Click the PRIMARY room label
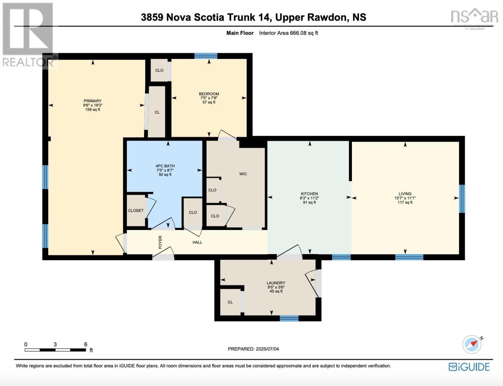pos(93,101)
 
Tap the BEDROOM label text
pos(209,94)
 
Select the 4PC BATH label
pos(165,166)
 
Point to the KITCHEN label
pos(310,194)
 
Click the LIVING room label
pos(405,194)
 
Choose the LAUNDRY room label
pos(276,283)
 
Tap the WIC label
pos(243,174)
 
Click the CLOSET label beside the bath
pos(136,211)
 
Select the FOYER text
pos(160,242)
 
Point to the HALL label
pos(197,242)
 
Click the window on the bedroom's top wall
pos(206,56)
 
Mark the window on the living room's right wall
pos(462,198)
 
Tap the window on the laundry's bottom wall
pos(289,318)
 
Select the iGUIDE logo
pos(469,367)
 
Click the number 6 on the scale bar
pos(85,344)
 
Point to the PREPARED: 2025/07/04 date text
pos(253,349)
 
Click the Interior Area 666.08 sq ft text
pos(288,33)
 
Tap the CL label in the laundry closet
pos(230,302)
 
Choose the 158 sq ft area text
pos(93,110)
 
